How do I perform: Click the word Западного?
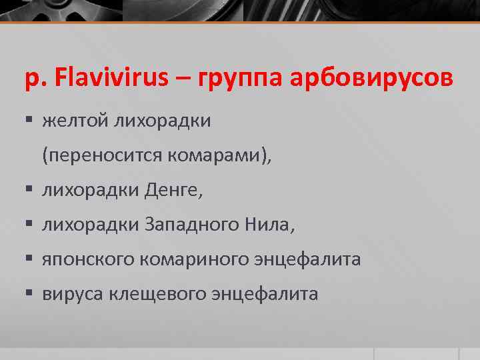(188, 226)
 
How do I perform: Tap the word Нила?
(269, 225)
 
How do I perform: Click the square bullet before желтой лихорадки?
(30, 121)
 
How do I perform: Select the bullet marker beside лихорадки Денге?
(30, 191)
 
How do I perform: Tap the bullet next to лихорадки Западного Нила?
(30, 225)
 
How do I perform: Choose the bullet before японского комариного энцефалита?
(30, 260)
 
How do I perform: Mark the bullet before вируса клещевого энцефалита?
(30, 294)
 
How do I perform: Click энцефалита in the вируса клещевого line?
(271, 295)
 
